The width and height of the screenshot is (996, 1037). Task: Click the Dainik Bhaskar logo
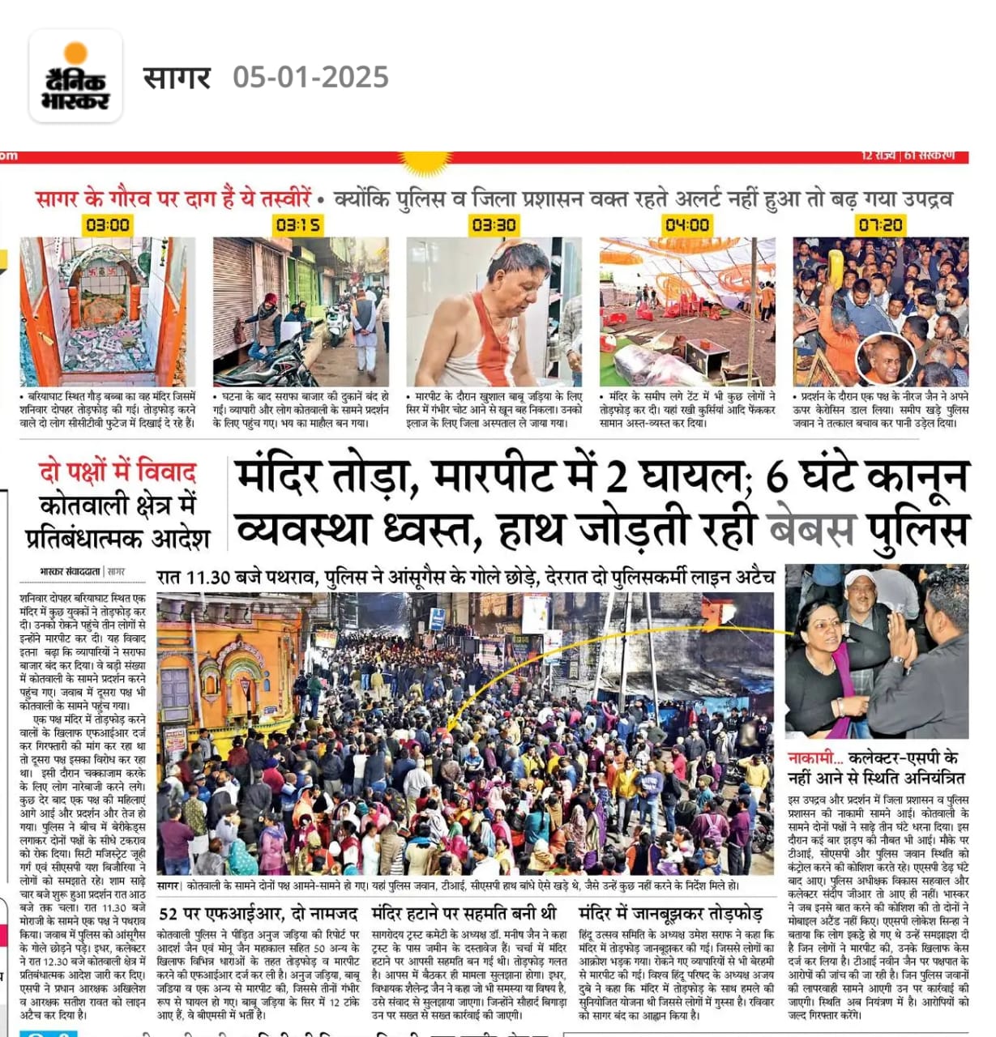pos(75,77)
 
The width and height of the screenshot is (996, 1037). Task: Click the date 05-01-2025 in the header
pos(310,77)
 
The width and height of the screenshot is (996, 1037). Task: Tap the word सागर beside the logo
pos(177,78)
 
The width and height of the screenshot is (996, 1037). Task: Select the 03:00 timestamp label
pos(107,224)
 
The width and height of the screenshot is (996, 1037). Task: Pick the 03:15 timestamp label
pos(299,224)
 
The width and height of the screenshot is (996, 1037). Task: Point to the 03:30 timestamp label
pos(493,224)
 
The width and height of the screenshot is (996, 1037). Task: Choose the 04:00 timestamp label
pos(687,224)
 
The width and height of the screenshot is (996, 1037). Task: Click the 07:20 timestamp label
pos(879,224)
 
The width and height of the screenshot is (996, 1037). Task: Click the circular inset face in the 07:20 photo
pos(885,359)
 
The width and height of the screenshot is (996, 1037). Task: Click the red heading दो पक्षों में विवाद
pos(118,472)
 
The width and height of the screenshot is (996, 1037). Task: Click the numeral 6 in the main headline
pos(776,476)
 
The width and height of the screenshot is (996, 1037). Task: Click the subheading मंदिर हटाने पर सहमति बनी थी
pos(464,914)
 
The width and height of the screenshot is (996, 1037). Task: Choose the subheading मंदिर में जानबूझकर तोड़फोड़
pos(671,914)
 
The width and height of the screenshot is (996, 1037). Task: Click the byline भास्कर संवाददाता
pos(71,572)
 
